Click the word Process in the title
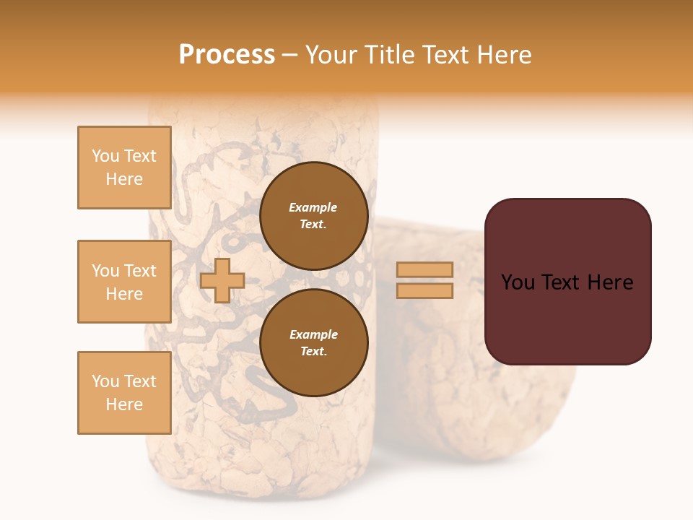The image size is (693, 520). click(x=227, y=55)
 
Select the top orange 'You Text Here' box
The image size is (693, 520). click(x=124, y=168)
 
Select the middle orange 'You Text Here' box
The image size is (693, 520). click(x=124, y=282)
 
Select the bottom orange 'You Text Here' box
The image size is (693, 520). click(x=124, y=393)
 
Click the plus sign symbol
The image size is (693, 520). click(x=222, y=280)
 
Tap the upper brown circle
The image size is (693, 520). click(x=313, y=216)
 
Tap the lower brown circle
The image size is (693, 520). click(x=313, y=343)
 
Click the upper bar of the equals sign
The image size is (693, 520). click(x=424, y=269)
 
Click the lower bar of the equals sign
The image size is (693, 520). click(x=424, y=291)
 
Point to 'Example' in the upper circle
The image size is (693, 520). click(x=313, y=208)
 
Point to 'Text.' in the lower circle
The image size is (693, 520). click(x=313, y=352)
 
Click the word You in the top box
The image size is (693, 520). click(x=105, y=156)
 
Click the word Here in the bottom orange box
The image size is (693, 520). click(x=124, y=404)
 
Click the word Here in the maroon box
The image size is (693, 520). click(x=611, y=282)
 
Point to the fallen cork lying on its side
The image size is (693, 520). click(x=476, y=404)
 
